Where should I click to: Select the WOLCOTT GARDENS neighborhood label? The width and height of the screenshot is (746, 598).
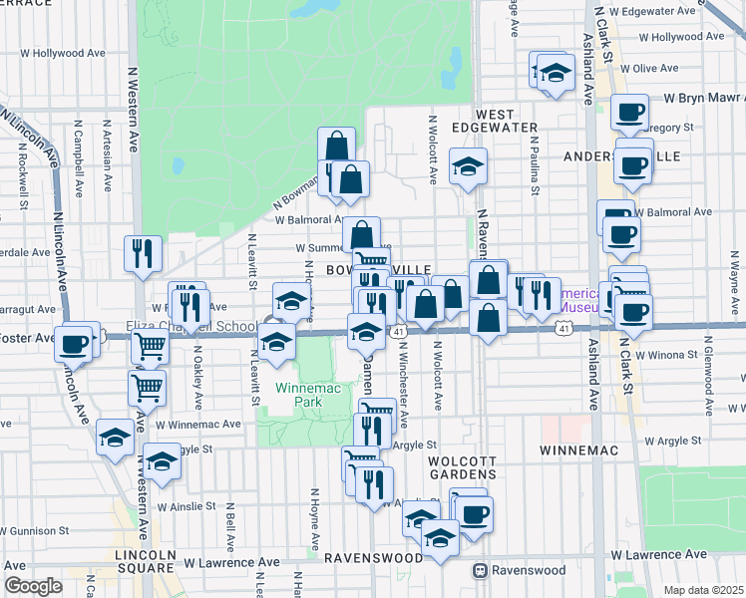coord(462,468)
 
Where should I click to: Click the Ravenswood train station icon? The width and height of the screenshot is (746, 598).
coord(480,571)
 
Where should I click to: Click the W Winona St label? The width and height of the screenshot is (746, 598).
coord(662,355)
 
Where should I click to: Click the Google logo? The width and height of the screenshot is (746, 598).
coord(33,586)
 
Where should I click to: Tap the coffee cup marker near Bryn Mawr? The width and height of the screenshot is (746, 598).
coord(629,113)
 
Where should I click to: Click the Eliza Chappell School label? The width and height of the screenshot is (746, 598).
coord(194,326)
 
